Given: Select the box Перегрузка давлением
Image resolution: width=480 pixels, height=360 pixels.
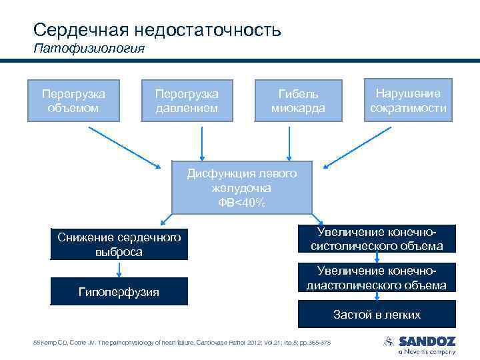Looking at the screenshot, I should click(186, 100).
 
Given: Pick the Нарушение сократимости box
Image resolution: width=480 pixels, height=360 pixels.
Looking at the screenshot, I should click(408, 100).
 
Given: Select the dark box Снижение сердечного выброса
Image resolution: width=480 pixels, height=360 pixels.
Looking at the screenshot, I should click(119, 245).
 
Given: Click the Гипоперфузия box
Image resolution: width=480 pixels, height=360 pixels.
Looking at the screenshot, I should click(119, 291).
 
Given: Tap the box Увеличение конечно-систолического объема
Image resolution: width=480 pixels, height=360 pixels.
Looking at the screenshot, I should click(377, 239).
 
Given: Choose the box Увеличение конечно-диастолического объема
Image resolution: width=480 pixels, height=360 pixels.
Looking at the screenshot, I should click(377, 278).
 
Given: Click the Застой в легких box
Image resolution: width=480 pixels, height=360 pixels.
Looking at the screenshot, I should click(377, 314).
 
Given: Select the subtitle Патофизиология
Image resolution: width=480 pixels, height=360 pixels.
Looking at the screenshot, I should click(89, 49).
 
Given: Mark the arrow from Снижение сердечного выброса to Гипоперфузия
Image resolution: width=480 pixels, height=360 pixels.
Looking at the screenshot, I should click(119, 268).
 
